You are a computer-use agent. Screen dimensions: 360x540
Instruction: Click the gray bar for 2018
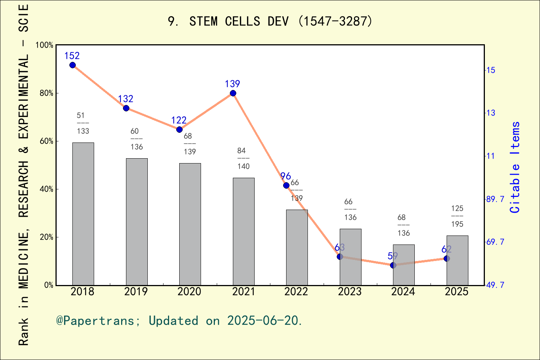[83, 214]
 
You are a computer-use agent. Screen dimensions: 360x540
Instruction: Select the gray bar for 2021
[243, 231]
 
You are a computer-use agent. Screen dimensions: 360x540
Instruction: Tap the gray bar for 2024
[403, 265]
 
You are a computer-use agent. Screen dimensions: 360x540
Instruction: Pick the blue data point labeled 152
[72, 65]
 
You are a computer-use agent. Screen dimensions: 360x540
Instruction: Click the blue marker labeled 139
[233, 93]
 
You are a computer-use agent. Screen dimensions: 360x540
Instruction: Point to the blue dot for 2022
[286, 185]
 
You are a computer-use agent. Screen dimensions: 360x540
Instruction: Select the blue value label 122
[179, 120]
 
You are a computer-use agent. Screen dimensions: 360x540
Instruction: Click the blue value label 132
[126, 99]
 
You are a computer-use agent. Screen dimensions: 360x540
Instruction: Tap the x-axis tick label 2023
[349, 292]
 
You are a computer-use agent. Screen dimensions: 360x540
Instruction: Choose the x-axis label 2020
[189, 292]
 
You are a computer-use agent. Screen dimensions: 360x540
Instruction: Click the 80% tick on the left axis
[46, 93]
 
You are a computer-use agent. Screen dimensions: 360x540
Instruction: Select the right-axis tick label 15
[490, 70]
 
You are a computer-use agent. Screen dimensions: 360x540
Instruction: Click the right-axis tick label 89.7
[495, 199]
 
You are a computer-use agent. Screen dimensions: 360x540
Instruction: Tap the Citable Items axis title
[515, 167]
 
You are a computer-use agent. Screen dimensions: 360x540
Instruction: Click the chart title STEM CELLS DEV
[270, 21]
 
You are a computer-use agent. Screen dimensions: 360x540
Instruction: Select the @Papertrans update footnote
[179, 321]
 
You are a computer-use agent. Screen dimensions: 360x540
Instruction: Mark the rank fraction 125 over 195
[457, 216]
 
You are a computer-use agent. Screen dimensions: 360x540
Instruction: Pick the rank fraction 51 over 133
[83, 123]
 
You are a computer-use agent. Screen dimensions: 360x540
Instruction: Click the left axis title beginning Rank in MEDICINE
[24, 175]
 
